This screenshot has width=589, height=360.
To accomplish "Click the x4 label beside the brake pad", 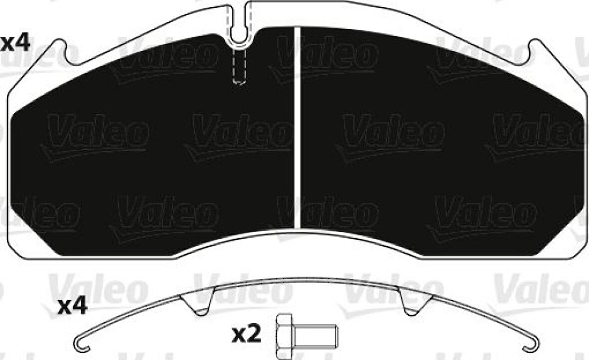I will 15,43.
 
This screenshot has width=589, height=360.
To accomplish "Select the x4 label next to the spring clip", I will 72,306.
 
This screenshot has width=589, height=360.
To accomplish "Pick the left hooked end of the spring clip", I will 83,345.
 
